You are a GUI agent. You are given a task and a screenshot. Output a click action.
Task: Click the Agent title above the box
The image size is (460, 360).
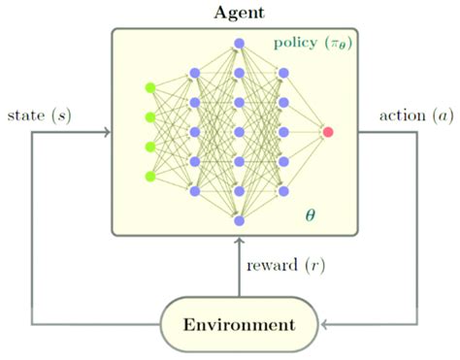238,13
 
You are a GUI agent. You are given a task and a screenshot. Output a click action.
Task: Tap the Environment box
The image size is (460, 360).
239,323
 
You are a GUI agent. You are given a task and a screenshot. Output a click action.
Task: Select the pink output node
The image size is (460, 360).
329,131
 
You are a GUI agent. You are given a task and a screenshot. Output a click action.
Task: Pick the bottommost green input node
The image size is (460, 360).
149,176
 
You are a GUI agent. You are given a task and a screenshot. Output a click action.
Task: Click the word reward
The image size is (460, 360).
274,264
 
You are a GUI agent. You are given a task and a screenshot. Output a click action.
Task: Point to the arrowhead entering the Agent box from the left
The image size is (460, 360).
106,132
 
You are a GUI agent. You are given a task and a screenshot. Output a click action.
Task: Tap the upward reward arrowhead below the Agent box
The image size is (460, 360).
239,242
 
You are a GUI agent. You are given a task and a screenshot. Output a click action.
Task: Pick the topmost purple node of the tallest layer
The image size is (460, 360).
239,44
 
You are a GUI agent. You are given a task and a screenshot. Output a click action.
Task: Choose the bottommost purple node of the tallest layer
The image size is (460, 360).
239,220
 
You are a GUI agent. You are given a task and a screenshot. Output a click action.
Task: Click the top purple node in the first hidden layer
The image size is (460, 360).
194,73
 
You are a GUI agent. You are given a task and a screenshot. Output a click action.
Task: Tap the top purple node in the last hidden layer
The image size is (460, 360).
283,73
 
